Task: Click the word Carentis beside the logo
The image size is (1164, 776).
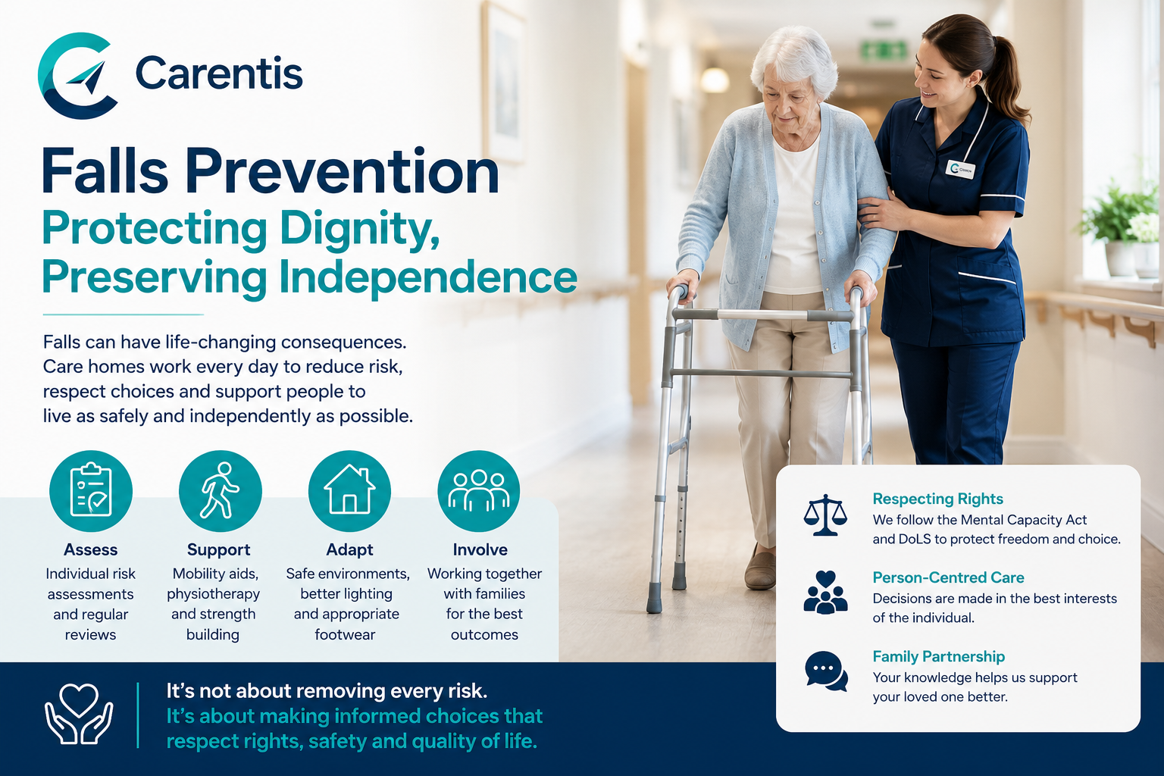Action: click(x=219, y=74)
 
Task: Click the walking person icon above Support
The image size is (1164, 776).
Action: click(x=221, y=490)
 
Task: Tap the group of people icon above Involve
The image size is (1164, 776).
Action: click(x=479, y=490)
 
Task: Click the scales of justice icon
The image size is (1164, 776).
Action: click(x=825, y=515)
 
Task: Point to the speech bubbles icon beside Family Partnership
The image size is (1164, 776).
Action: click(x=826, y=671)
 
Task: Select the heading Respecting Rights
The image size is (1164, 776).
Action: click(x=937, y=499)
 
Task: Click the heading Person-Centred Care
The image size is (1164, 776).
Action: click(x=948, y=577)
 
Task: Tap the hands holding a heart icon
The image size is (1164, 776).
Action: click(x=79, y=714)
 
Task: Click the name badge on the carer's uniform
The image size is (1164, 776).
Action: click(x=960, y=169)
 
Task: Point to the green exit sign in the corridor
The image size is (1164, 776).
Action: click(x=884, y=51)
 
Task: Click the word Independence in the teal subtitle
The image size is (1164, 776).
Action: click(x=427, y=277)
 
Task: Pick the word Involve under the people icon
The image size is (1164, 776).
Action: click(x=480, y=550)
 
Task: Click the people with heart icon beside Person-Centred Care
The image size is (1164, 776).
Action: click(x=825, y=593)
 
